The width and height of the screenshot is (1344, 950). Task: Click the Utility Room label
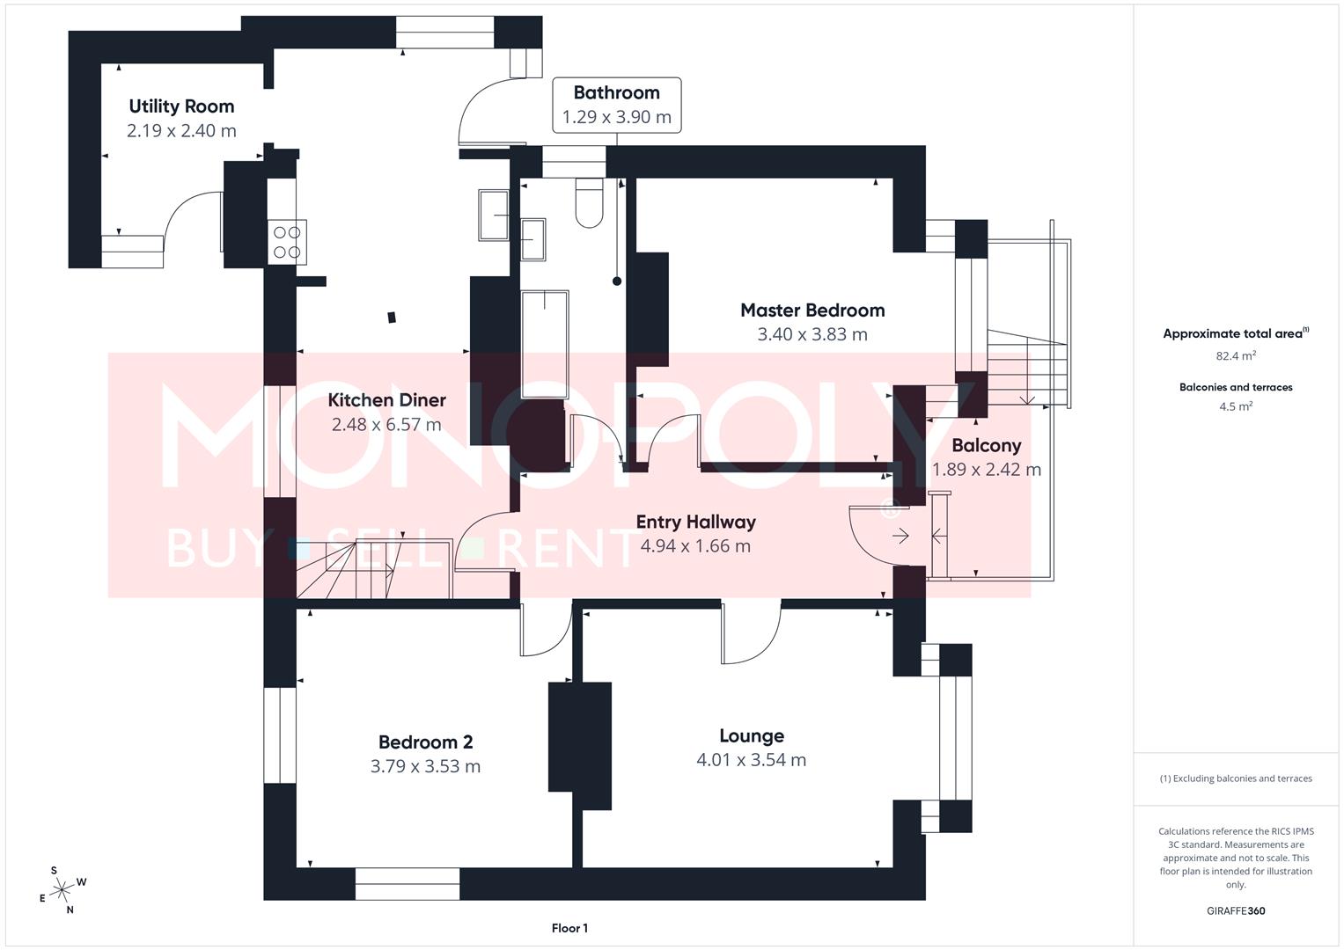tap(181, 106)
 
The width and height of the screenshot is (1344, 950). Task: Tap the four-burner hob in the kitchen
tap(287, 242)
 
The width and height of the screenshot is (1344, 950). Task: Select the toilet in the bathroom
tap(589, 203)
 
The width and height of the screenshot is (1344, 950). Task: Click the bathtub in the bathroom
tap(545, 344)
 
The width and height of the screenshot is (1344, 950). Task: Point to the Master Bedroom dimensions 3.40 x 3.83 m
tap(812, 334)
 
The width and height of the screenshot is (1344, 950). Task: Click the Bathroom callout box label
tap(616, 93)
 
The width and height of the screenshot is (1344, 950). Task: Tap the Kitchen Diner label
tap(386, 400)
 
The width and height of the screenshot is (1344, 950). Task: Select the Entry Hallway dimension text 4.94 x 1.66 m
tap(695, 545)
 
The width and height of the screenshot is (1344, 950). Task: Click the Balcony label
tap(986, 445)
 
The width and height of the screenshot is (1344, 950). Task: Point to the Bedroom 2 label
tap(425, 742)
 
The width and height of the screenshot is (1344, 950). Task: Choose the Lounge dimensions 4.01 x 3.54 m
tap(751, 760)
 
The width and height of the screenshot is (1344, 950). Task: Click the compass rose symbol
tap(62, 890)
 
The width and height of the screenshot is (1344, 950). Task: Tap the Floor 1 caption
tap(569, 928)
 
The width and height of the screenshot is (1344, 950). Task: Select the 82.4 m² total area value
tap(1236, 356)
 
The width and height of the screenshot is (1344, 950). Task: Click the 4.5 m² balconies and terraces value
tap(1236, 406)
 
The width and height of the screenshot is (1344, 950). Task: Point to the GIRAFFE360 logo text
tap(1236, 910)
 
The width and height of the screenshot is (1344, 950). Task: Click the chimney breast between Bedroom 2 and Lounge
tap(580, 746)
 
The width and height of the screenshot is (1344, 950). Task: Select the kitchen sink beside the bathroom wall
tap(494, 215)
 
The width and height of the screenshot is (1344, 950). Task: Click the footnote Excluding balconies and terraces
tap(1236, 778)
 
